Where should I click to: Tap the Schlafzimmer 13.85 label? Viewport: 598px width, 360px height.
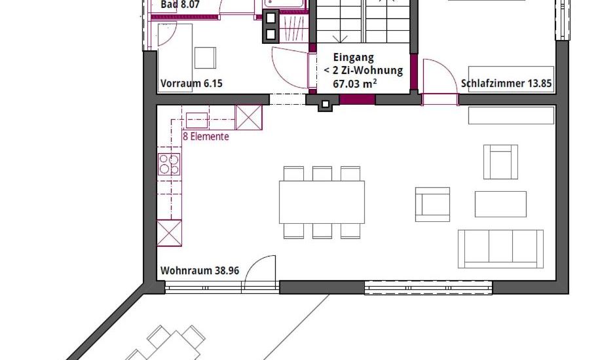[507, 84]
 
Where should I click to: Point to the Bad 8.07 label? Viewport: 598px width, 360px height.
[180, 5]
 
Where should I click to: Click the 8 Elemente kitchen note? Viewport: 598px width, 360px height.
[206, 137]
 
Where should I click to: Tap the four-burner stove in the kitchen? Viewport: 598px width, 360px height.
[169, 164]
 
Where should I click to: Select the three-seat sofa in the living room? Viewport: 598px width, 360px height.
[500, 248]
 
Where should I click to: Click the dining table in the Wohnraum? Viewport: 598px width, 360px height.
[322, 202]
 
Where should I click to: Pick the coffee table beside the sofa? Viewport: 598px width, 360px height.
[500, 204]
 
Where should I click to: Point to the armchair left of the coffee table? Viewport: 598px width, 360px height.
[433, 204]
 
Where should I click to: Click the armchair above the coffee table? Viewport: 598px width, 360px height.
[500, 162]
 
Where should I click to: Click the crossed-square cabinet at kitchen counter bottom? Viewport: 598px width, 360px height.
[169, 233]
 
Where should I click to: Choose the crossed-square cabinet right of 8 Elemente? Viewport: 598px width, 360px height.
[248, 116]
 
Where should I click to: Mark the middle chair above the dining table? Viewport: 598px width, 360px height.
[322, 173]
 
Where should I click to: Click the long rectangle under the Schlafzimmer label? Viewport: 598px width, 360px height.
[512, 115]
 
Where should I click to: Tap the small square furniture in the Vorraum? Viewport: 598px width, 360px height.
[206, 58]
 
